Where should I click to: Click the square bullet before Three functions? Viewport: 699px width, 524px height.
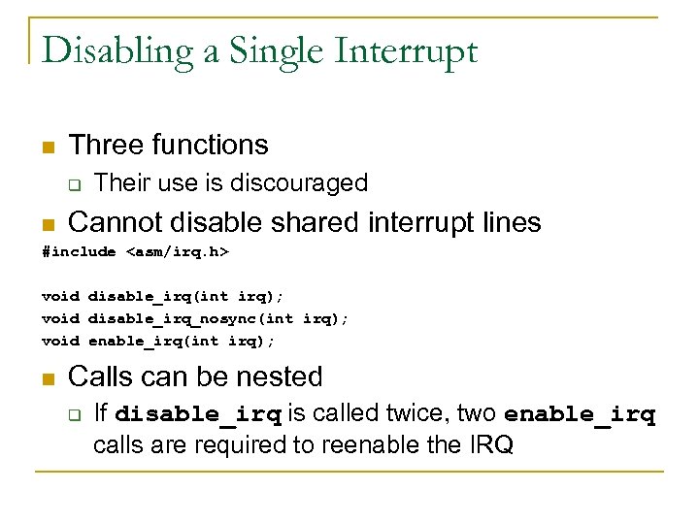pyautogui.click(x=48, y=147)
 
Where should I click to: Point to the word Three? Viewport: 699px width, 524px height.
pyautogui.click(x=106, y=146)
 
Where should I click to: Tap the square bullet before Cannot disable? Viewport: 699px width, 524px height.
pyautogui.click(x=48, y=225)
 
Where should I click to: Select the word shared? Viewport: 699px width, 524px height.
pyautogui.click(x=316, y=223)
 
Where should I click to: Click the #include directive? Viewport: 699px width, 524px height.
pyautogui.click(x=79, y=252)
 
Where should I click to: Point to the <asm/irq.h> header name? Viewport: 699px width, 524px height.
pyautogui.click(x=178, y=252)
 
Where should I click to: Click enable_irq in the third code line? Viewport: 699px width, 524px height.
pyautogui.click(x=131, y=340)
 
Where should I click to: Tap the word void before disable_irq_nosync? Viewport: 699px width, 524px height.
pyautogui.click(x=60, y=317)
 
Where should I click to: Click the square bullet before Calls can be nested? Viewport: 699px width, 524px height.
pyautogui.click(x=48, y=378)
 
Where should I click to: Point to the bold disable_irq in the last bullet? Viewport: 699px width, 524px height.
pyautogui.click(x=198, y=415)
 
